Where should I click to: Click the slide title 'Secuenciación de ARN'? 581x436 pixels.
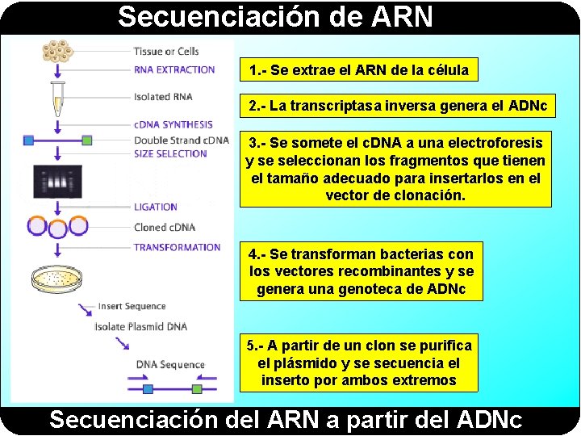pyautogui.click(x=275, y=16)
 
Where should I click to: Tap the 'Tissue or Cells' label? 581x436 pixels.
pyautogui.click(x=166, y=52)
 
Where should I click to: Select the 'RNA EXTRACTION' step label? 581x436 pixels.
pyautogui.click(x=174, y=69)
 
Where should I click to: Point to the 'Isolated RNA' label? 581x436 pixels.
pyautogui.click(x=163, y=97)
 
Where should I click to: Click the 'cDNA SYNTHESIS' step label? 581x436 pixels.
pyautogui.click(x=173, y=124)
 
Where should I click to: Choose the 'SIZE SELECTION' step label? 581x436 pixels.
pyautogui.click(x=170, y=153)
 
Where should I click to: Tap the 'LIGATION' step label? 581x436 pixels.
pyautogui.click(x=156, y=208)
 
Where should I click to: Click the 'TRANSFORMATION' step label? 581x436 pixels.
pyautogui.click(x=177, y=247)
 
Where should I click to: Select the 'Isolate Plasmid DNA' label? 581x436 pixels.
pyautogui.click(x=140, y=326)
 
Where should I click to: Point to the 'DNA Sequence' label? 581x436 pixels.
pyautogui.click(x=170, y=364)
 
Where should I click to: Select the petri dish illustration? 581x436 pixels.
pyautogui.click(x=56, y=279)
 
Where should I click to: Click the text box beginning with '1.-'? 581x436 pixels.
pyautogui.click(x=358, y=70)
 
